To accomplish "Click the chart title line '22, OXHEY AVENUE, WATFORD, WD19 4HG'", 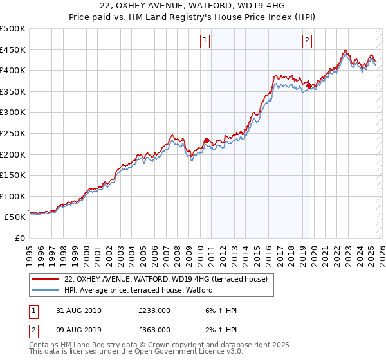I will tap(192, 6).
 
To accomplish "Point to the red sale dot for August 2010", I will tap(207, 139).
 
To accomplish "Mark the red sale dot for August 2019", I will tap(309, 85).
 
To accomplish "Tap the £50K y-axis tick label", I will tap(15, 217).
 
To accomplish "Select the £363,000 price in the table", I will tap(154, 330).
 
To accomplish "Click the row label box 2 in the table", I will tap(33, 330).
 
